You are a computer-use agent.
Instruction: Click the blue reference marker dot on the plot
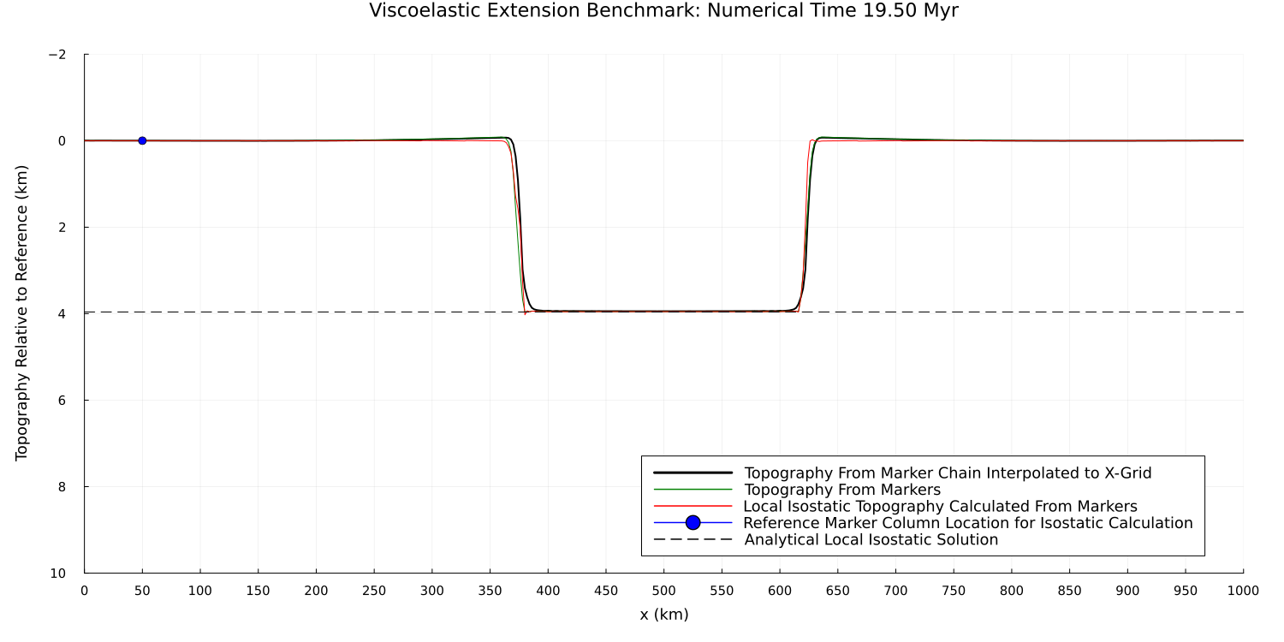(142, 140)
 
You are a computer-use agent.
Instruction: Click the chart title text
(663, 11)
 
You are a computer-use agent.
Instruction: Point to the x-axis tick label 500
(663, 591)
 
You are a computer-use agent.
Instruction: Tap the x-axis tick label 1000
(1243, 591)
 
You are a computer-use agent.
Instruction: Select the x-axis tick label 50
(142, 591)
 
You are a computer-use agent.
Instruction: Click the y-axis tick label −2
(57, 55)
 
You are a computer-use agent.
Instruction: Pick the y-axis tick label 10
(57, 574)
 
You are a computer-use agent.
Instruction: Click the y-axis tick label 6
(61, 401)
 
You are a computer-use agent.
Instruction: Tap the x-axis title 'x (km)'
(663, 615)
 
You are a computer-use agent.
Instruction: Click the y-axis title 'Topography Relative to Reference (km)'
(22, 313)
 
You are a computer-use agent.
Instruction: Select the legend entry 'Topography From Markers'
(842, 490)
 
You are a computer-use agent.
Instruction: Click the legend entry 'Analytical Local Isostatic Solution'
(871, 540)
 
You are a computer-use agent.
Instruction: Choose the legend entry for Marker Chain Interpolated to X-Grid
(948, 473)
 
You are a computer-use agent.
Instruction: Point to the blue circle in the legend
(693, 523)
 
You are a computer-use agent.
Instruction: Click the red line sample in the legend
(693, 507)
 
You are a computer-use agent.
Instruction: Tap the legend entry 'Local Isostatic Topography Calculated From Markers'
(940, 507)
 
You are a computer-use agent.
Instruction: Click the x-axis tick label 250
(374, 591)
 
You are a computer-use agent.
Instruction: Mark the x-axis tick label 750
(954, 591)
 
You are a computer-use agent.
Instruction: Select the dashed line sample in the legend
(693, 540)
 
